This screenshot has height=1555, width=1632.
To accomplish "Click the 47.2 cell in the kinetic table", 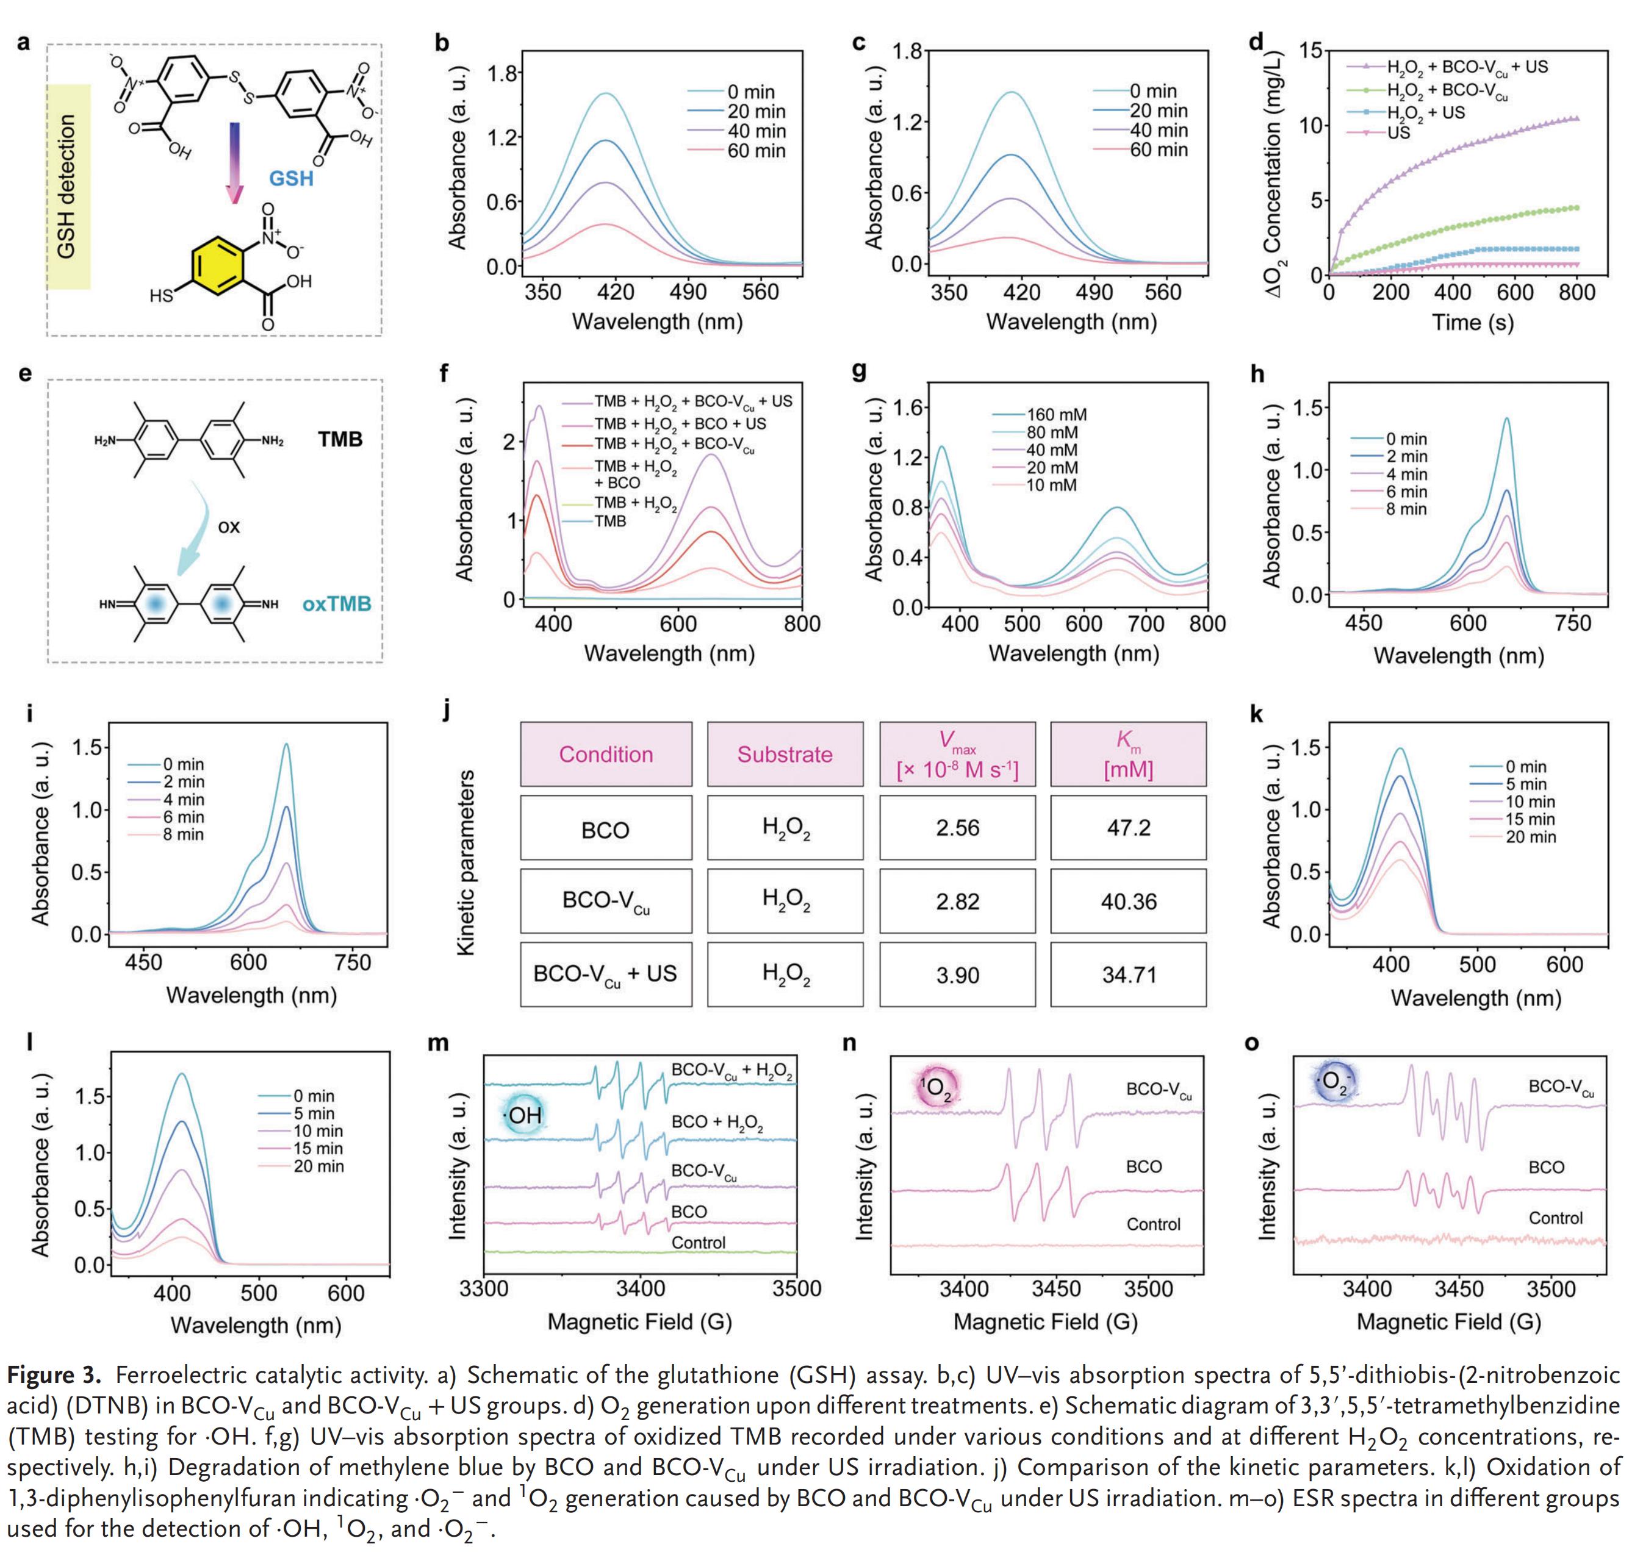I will click(x=1128, y=828).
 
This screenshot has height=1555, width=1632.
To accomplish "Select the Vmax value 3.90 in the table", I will click(x=957, y=975).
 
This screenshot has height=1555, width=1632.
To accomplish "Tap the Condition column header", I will click(x=606, y=754).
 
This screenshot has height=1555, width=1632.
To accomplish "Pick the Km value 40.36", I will click(x=1128, y=901).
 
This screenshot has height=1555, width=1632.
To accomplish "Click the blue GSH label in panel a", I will click(x=291, y=178).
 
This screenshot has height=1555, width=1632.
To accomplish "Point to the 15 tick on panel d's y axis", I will click(x=1310, y=51).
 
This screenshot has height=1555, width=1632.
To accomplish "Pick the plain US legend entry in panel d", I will click(x=1398, y=132).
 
